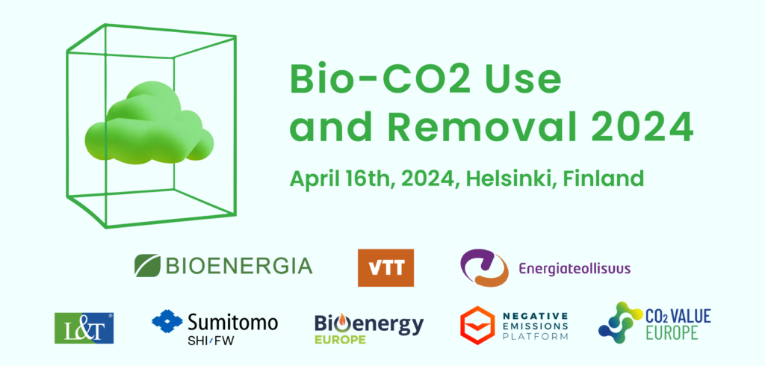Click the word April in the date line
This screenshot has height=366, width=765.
pos(315,179)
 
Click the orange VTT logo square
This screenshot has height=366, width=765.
pos(385,267)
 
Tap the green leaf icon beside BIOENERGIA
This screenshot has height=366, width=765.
pos(147,265)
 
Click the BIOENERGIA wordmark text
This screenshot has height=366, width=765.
pos(238,266)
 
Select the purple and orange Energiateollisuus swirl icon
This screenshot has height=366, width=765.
pos(483,267)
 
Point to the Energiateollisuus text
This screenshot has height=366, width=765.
pos(574,268)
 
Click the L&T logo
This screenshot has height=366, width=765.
pos(84,329)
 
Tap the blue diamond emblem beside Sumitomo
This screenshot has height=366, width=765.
pos(167,321)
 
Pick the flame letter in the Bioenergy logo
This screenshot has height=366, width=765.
pos(342,323)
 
